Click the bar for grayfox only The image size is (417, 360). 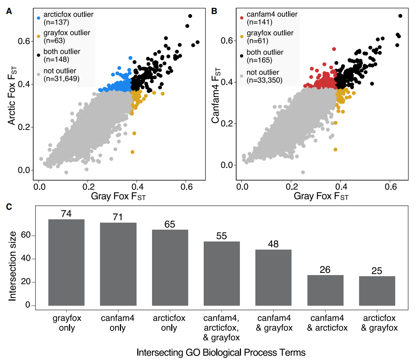point(66,263)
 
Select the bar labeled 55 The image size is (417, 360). point(221,274)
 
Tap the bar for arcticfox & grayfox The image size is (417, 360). point(377,291)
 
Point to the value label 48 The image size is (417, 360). point(273,244)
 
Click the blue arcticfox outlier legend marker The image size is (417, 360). point(38,17)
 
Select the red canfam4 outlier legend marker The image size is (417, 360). point(242,17)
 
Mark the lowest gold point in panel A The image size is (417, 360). point(132,152)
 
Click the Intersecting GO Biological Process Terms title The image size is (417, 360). point(221,352)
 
